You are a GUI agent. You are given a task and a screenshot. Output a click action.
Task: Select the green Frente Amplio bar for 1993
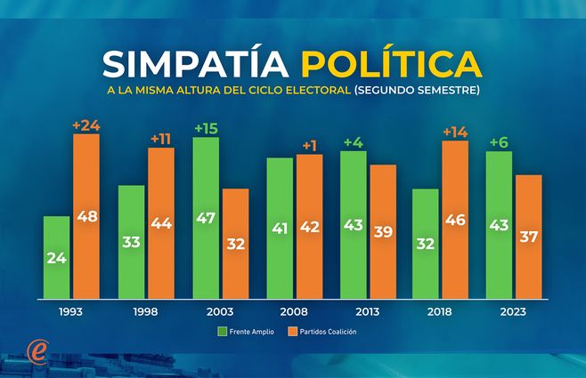pyautogui.click(x=56, y=257)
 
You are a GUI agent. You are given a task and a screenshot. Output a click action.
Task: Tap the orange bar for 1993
pyautogui.click(x=85, y=216)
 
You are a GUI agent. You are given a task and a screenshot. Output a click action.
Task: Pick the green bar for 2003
pyautogui.click(x=206, y=218)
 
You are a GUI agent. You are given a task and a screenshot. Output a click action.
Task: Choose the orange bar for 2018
pyautogui.click(x=454, y=220)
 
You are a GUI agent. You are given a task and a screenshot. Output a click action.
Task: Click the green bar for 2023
pyautogui.click(x=499, y=225)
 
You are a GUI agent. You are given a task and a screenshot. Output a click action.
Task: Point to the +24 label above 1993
pyautogui.click(x=85, y=125)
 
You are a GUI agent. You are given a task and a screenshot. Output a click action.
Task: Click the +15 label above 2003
pyautogui.click(x=206, y=128)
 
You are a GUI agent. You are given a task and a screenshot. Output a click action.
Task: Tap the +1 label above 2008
pyautogui.click(x=309, y=145)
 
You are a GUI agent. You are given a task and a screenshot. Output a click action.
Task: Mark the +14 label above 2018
pyautogui.click(x=454, y=132)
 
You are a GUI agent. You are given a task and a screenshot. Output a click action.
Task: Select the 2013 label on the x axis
pyautogui.click(x=367, y=311)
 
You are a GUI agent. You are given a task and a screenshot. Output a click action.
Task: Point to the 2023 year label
pyautogui.click(x=514, y=311)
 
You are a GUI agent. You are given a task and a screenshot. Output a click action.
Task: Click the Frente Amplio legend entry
pyautogui.click(x=246, y=332)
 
